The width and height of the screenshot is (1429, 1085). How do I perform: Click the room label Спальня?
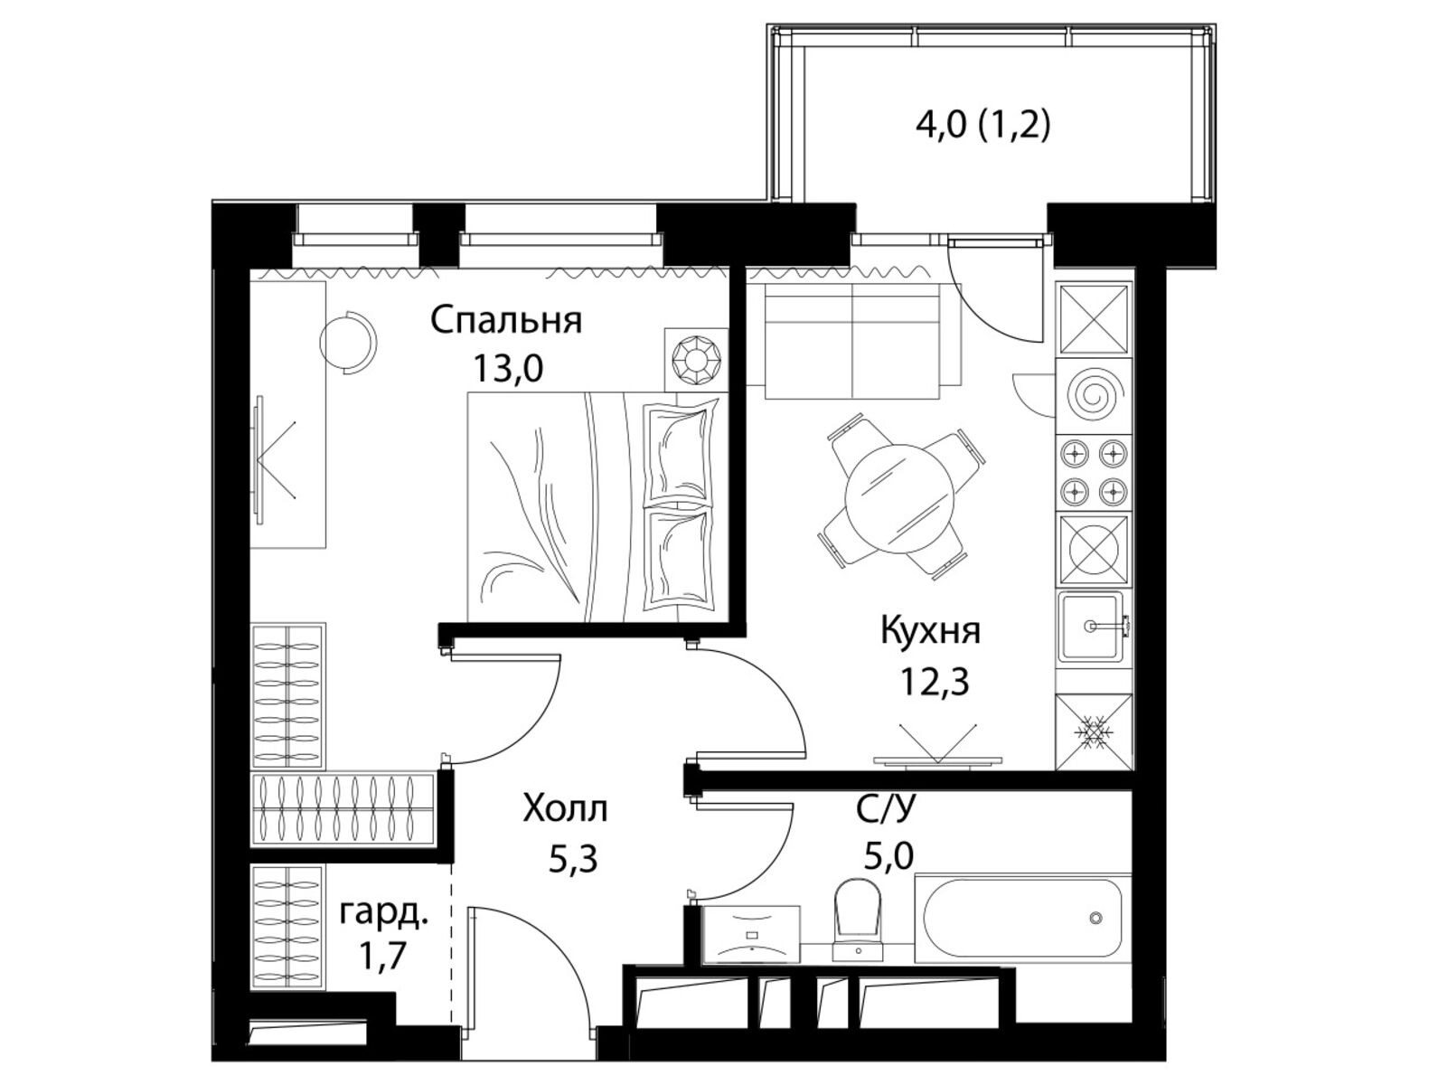coord(505,321)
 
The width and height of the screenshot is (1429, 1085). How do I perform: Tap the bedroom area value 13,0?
coord(508,370)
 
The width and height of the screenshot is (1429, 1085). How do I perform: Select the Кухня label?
coord(930,631)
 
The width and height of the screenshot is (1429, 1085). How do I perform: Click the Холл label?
coord(565,809)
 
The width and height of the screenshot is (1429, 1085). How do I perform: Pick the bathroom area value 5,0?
coord(888,856)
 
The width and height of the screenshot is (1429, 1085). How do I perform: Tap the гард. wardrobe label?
coord(384,914)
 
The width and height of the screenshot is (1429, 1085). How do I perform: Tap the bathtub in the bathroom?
coord(1023,918)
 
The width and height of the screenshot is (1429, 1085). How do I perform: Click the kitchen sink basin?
coord(1090,626)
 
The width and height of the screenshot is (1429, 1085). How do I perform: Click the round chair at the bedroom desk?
coord(348,341)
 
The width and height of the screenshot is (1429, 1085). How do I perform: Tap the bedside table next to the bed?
coord(695,360)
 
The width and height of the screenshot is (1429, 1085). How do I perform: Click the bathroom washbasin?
coord(750,933)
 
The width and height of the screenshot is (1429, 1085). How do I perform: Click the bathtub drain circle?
coord(1095,918)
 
